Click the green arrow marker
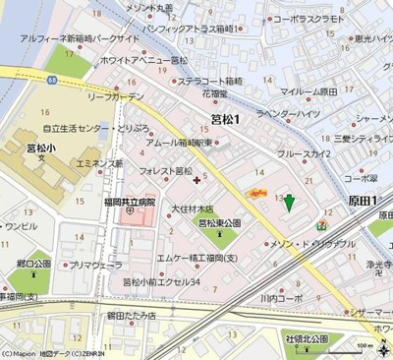click(289, 202)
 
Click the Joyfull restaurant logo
click(259, 194)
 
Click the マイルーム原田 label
click(309, 90)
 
